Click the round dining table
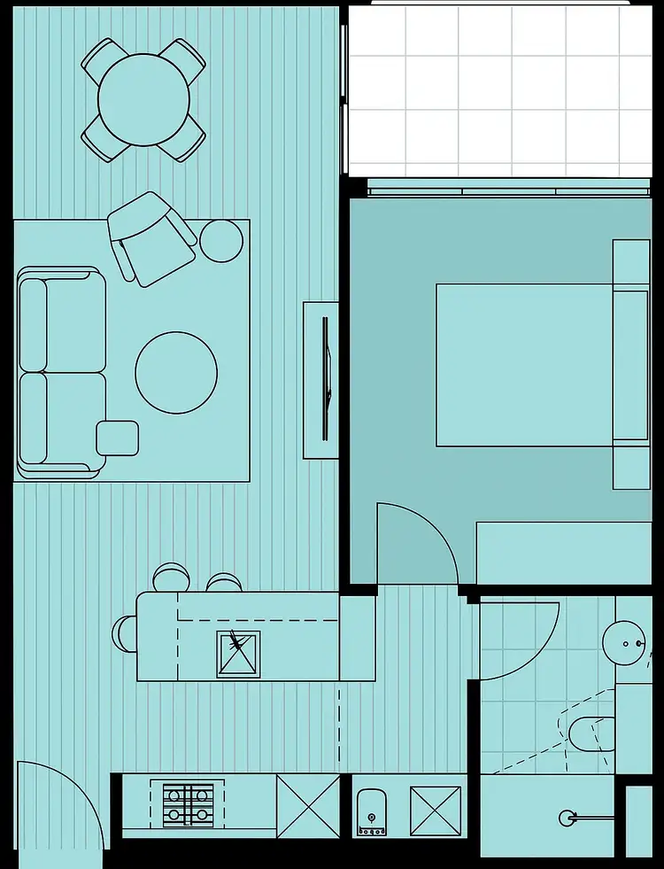point(143,99)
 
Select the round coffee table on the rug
point(176,372)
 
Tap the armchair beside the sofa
point(151,237)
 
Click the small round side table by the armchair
point(221,239)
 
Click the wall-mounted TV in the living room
point(326,379)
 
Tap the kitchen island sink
point(239,653)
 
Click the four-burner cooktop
point(186,805)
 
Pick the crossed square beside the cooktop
point(308,806)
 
